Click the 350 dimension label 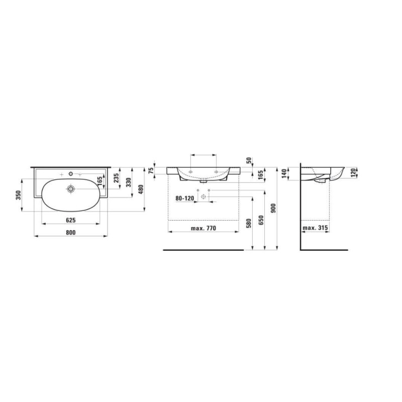point(19,195)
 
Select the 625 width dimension point(71,220)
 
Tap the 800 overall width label point(71,233)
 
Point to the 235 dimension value point(116,178)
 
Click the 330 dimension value point(129,182)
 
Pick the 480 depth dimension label point(141,189)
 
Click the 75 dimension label point(151,170)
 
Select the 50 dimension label point(249,160)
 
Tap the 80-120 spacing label point(184,198)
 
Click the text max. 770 point(204,228)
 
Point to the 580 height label point(249,223)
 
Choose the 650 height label point(261,220)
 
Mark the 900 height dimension point(273,208)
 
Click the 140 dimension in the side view point(284,174)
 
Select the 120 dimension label point(353,173)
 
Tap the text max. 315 point(315,228)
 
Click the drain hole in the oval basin point(70,189)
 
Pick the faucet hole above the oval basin point(71,174)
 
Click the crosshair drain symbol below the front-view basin point(204,196)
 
